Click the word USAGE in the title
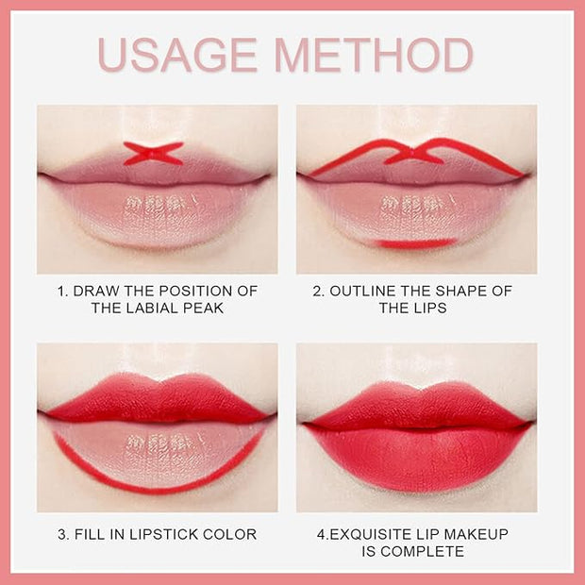click(177, 55)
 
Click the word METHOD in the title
click(375, 55)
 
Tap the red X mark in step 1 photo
click(154, 154)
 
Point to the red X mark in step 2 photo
click(414, 155)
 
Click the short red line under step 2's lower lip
click(416, 244)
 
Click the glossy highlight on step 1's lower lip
click(159, 205)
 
